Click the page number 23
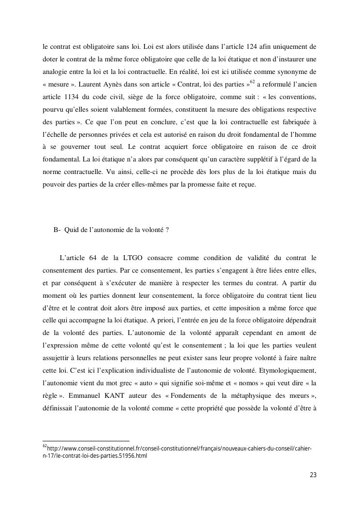(x=313, y=475)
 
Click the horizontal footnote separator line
(x=86, y=441)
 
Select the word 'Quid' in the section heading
(x=71, y=230)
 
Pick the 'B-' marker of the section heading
(x=57, y=230)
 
